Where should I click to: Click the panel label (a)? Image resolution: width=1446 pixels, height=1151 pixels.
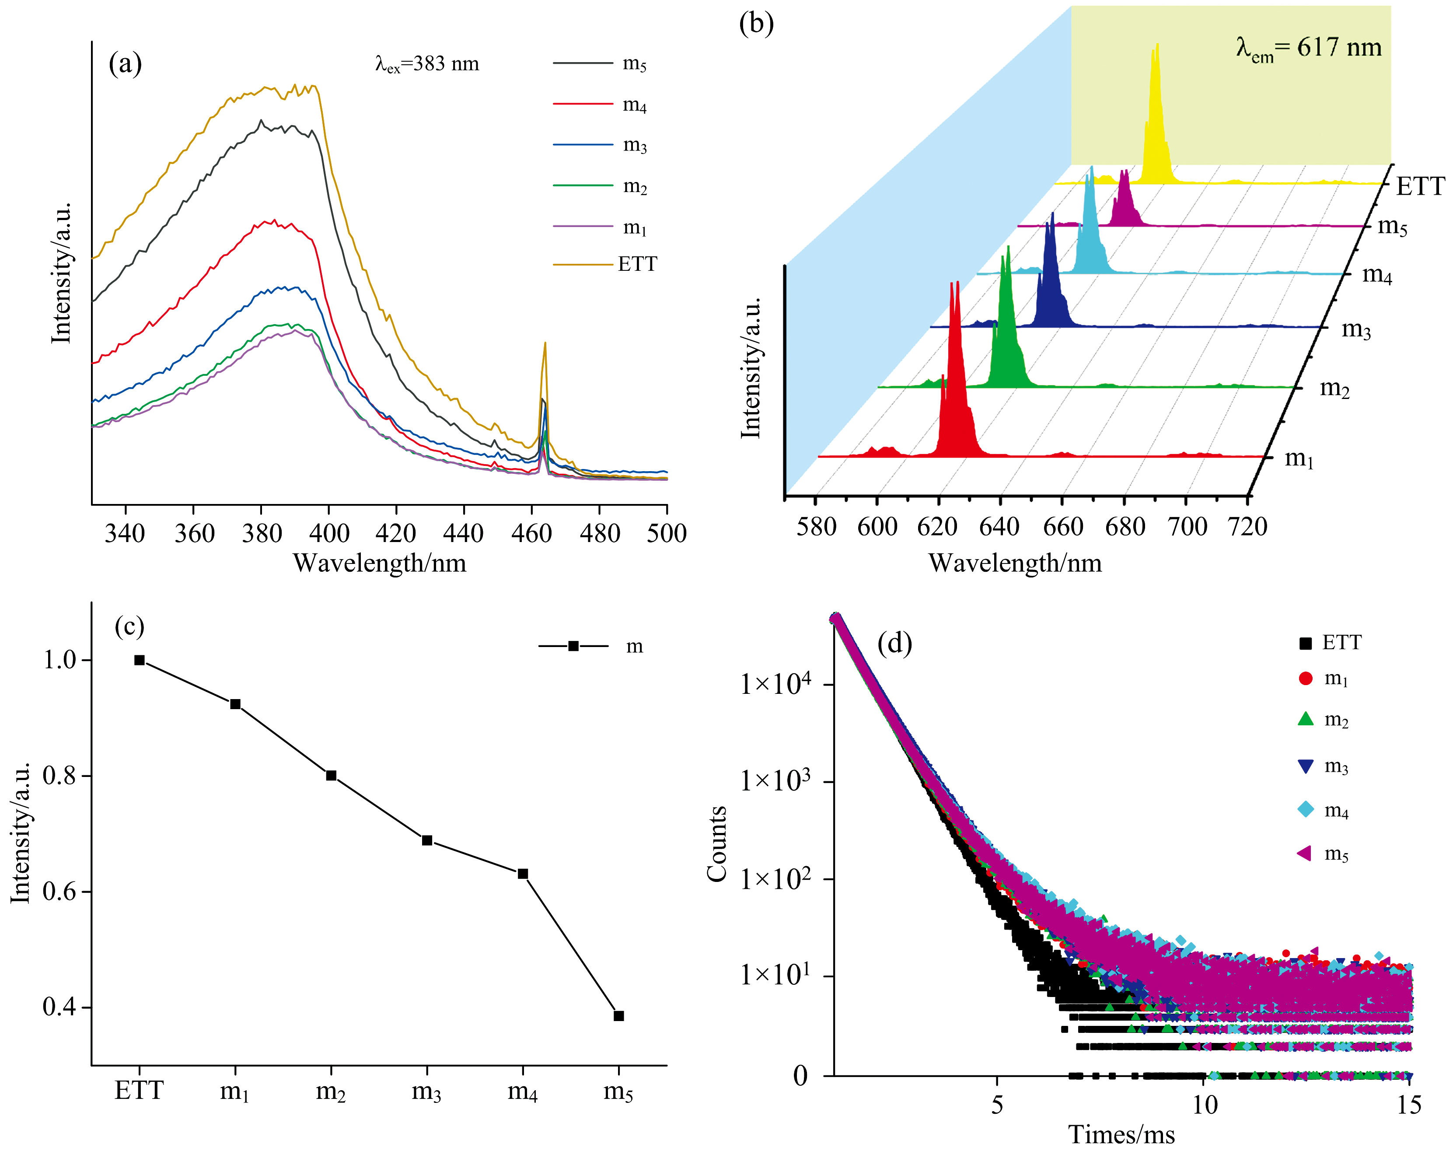pyautogui.click(x=126, y=64)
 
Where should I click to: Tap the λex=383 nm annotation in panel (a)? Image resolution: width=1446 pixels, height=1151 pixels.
pyautogui.click(x=427, y=64)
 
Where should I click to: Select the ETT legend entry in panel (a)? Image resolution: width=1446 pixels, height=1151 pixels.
pyautogui.click(x=637, y=264)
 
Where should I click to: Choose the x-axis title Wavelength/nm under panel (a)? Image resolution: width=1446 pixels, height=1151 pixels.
pyautogui.click(x=380, y=563)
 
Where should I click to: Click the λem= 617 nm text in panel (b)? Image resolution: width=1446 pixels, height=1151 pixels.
pyautogui.click(x=1309, y=48)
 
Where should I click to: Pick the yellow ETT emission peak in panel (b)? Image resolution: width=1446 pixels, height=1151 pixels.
pyautogui.click(x=1156, y=114)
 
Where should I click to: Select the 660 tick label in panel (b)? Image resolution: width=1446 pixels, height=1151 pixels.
pyautogui.click(x=1063, y=527)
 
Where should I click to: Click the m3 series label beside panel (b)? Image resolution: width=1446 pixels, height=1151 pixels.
pyautogui.click(x=1355, y=329)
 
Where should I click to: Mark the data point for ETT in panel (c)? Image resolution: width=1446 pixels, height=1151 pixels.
pyautogui.click(x=140, y=660)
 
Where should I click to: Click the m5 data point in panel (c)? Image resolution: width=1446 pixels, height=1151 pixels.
pyautogui.click(x=618, y=1016)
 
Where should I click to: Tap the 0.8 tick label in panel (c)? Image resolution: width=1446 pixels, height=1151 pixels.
pyautogui.click(x=59, y=776)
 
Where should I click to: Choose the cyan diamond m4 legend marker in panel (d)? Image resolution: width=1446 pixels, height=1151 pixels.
pyautogui.click(x=1305, y=810)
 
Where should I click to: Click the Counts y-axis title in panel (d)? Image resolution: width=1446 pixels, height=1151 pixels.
pyautogui.click(x=717, y=844)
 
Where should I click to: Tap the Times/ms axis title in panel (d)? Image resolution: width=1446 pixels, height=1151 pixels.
pyautogui.click(x=1121, y=1135)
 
